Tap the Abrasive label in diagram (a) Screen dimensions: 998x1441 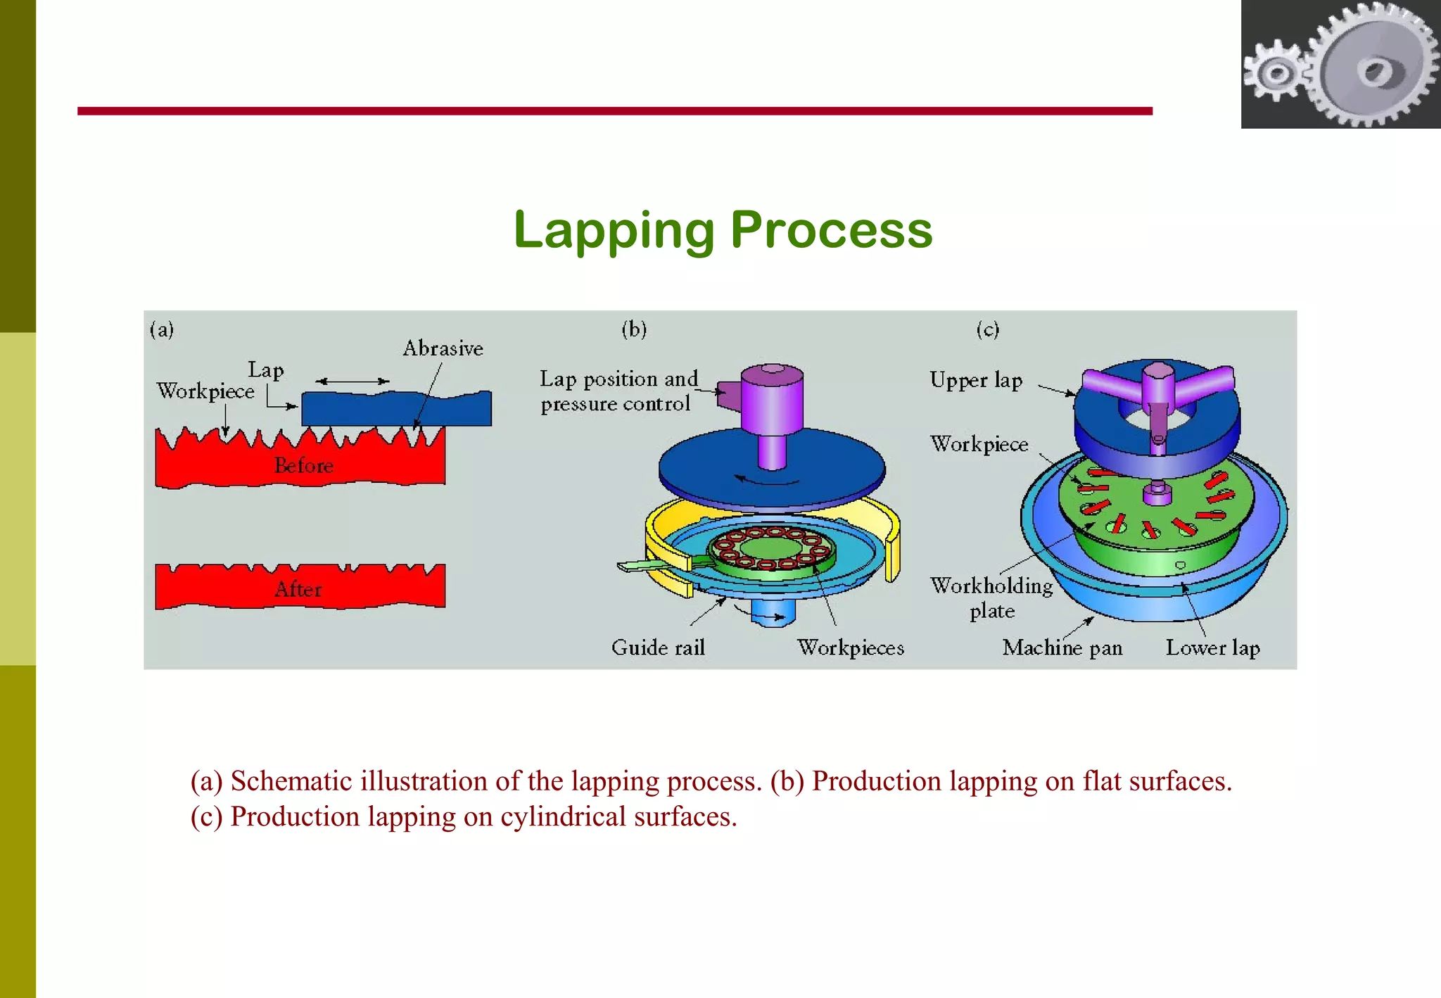pyautogui.click(x=443, y=348)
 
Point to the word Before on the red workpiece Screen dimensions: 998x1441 pyautogui.click(x=303, y=466)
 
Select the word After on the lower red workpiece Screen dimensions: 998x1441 pyautogui.click(x=298, y=589)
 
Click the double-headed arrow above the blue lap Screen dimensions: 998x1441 pyautogui.click(x=352, y=381)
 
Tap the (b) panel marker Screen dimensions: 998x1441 pyautogui.click(x=634, y=329)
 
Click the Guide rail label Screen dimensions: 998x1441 pyautogui.click(x=658, y=648)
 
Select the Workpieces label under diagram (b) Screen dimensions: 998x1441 pyautogui.click(x=850, y=648)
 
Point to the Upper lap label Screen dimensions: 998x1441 pyautogui.click(x=976, y=381)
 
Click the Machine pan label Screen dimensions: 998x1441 pyautogui.click(x=1062, y=648)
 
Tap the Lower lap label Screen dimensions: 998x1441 pyautogui.click(x=1212, y=648)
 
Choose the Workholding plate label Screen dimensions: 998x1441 pyautogui.click(x=991, y=598)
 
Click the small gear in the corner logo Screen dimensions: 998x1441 pyautogui.click(x=1275, y=73)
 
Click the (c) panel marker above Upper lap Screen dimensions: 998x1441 pyautogui.click(x=987, y=329)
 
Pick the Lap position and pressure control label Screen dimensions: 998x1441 pyautogui.click(x=618, y=391)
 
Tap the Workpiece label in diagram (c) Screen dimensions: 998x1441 pyautogui.click(x=979, y=445)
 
